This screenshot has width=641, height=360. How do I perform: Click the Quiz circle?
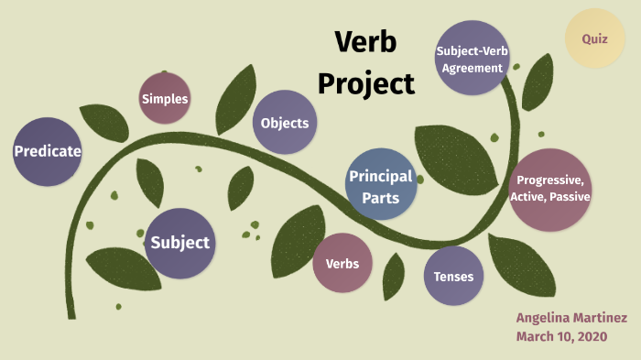(601, 38)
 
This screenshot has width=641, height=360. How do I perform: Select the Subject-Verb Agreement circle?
(471, 58)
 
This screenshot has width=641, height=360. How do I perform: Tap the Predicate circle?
(48, 152)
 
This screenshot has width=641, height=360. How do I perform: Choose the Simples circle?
(165, 99)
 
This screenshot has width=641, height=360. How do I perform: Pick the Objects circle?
(285, 123)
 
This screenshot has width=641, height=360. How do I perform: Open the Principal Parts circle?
(380, 183)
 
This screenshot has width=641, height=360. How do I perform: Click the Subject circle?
(180, 243)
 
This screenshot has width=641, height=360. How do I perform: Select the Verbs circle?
(342, 264)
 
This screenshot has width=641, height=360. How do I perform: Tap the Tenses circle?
(454, 276)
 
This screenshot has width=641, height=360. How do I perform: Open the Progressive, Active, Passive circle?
(551, 189)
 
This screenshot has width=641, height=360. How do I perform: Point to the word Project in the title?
(365, 83)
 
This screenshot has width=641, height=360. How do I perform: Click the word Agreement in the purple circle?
(471, 68)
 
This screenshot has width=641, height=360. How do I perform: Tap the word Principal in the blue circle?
(380, 176)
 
